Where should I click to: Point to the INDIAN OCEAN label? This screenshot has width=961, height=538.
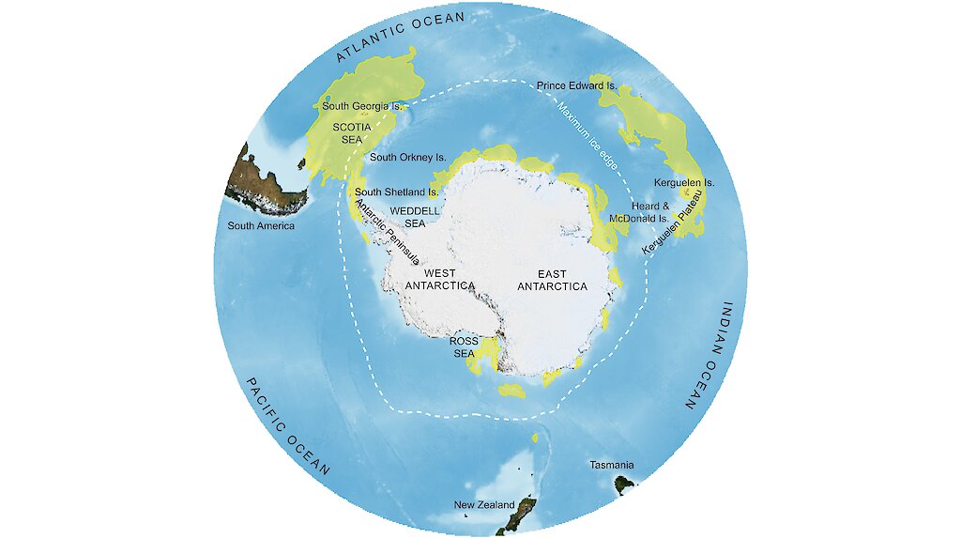709,357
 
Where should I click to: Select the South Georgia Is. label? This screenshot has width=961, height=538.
362,106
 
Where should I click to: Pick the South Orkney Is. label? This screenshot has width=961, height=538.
408,158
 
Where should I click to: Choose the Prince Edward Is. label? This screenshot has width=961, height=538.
576,86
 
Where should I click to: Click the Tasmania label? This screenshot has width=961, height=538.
611,466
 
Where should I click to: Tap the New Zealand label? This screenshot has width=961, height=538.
484,505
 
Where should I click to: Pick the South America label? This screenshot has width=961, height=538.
261,226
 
